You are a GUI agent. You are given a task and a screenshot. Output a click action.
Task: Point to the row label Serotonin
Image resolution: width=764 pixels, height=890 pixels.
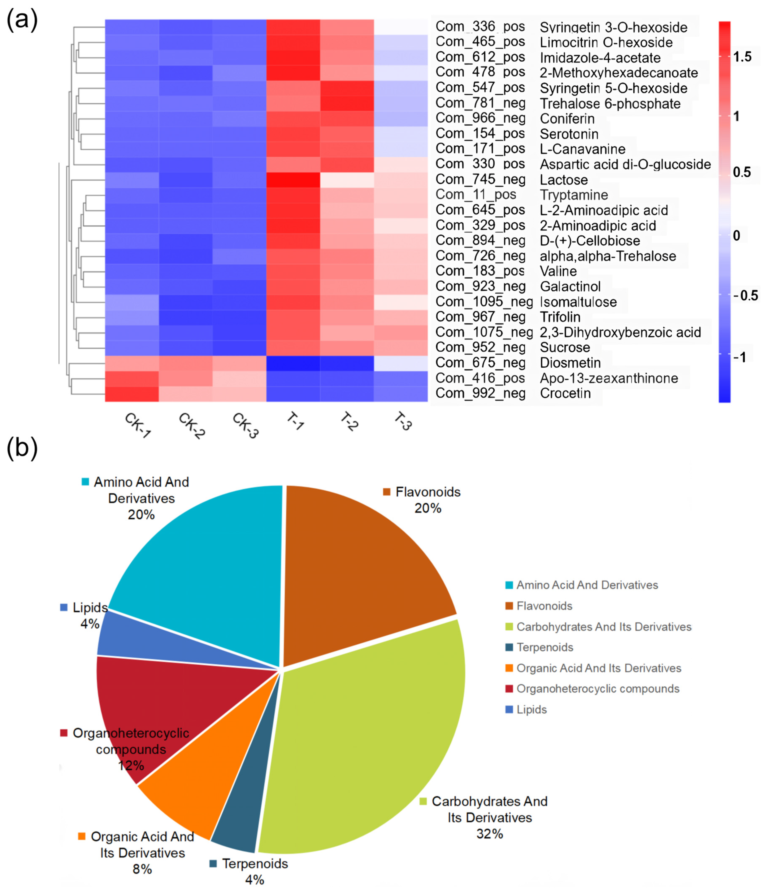click(569, 134)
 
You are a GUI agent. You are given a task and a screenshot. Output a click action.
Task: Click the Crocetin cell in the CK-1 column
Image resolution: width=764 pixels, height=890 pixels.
click(132, 393)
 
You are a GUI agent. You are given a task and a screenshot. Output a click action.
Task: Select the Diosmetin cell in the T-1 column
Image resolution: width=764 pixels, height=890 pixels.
click(293, 363)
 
